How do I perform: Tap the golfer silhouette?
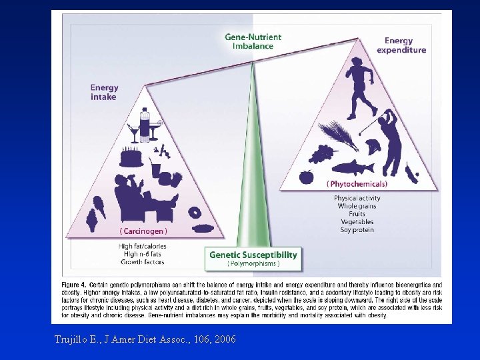coord(390,140)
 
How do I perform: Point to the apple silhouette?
coord(306,177)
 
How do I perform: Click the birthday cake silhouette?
coord(131,157)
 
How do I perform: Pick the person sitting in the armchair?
coord(140,197)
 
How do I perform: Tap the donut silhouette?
coord(195,213)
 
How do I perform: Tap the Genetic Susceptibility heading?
coord(253,255)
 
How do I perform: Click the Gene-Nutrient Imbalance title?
coord(253,41)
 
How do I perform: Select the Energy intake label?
coord(104,92)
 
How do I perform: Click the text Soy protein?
coord(357,230)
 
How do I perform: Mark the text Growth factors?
coord(142,262)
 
